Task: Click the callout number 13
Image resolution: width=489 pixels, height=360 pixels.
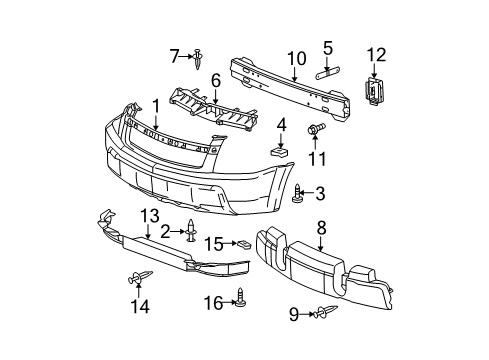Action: pos(149,244)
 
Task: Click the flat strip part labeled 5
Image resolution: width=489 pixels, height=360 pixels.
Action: pos(330,71)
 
